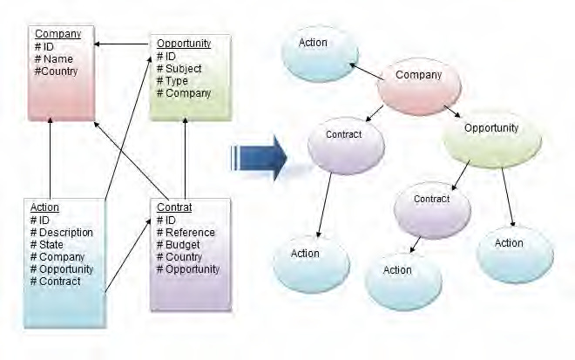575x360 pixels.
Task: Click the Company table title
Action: click(x=57, y=34)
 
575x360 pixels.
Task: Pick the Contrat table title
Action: click(x=173, y=207)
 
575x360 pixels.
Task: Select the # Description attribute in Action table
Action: click(x=62, y=233)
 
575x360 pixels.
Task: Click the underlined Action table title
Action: click(x=44, y=207)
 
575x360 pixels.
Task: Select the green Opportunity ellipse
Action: click(x=491, y=128)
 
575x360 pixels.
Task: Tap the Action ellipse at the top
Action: click(x=314, y=44)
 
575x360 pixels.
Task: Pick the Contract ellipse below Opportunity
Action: click(x=431, y=200)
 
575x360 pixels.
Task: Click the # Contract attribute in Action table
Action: click(x=56, y=282)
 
